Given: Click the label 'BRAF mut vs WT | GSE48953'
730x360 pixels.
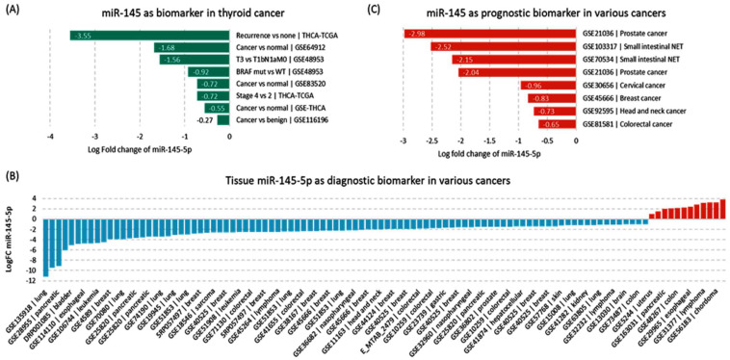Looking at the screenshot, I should click(x=278, y=72).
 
